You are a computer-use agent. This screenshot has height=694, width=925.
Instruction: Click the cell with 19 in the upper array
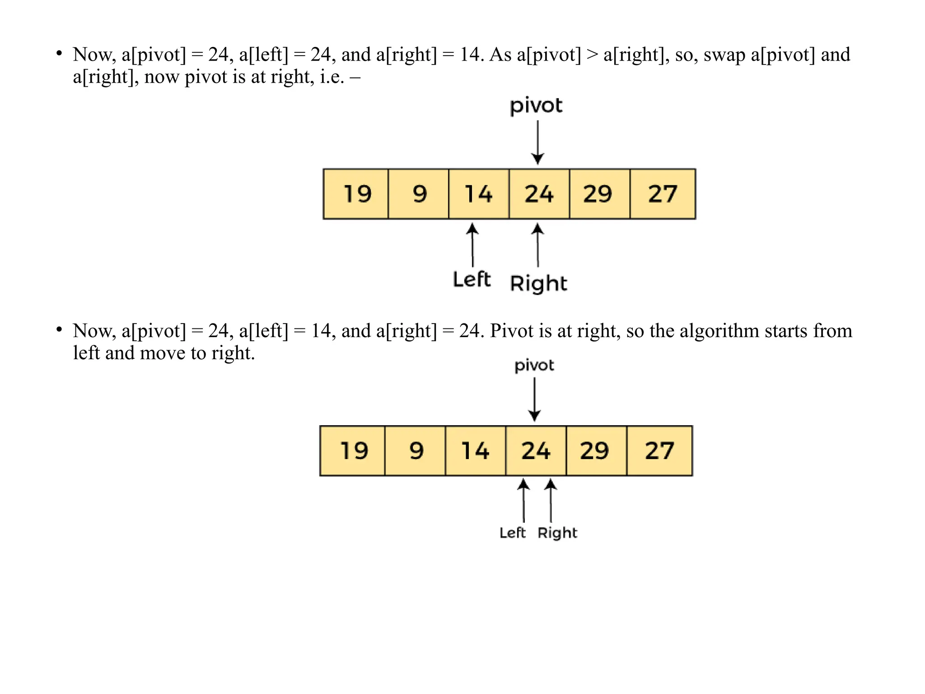pos(356,194)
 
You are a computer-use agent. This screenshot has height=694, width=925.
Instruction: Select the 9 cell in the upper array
pos(419,194)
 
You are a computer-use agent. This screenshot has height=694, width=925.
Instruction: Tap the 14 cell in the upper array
pos(479,194)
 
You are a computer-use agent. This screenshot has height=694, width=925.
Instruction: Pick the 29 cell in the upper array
pos(599,194)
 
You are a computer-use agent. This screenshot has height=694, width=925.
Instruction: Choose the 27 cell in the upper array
pos(663,194)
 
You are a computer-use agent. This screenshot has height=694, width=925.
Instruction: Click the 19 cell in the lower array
pos(353,451)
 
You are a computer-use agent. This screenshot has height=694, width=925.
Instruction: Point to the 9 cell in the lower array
pos(415,451)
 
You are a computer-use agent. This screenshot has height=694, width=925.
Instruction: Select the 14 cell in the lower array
pos(475,451)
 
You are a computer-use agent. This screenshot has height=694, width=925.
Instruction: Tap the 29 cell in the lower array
pos(596,451)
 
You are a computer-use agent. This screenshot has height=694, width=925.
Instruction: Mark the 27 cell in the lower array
pos(659,451)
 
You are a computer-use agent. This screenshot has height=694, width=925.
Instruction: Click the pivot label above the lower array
pos(534,366)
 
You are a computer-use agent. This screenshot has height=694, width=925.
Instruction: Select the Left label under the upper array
pos(472,280)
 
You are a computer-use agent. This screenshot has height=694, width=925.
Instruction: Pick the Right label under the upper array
pos(538,284)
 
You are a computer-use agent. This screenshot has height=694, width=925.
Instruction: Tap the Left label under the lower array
pos(513,533)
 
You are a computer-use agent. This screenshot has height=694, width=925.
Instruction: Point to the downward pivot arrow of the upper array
pos(537,142)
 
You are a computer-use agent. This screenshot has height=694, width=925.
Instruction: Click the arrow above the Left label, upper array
pos(472,245)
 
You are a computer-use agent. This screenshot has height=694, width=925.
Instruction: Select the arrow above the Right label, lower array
pos(551,500)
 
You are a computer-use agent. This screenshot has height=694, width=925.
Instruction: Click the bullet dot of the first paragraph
pos(59,54)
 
